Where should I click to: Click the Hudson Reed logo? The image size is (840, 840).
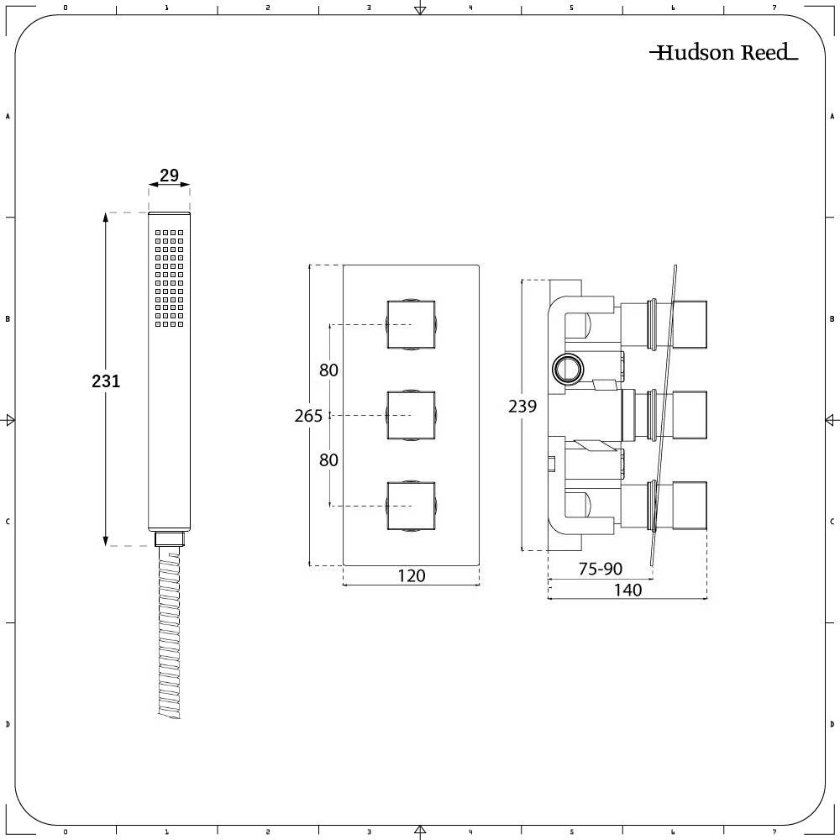click(723, 53)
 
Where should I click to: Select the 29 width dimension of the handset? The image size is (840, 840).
click(169, 176)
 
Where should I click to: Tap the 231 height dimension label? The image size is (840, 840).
click(106, 381)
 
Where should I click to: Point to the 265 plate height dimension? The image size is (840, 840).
click(308, 416)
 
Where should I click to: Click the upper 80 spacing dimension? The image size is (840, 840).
click(328, 370)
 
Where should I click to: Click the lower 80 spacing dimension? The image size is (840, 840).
click(328, 459)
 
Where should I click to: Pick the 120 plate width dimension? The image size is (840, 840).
click(411, 575)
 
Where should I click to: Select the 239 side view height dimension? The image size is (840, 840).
click(522, 407)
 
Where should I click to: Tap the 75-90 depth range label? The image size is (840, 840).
click(600, 569)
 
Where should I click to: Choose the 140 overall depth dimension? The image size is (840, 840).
click(627, 590)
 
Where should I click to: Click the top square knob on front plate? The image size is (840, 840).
click(411, 324)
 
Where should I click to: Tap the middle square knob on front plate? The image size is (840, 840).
click(411, 415)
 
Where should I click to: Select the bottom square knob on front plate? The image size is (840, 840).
click(411, 506)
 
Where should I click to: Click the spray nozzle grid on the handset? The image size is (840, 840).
click(169, 278)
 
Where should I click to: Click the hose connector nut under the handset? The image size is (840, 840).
click(169, 538)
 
